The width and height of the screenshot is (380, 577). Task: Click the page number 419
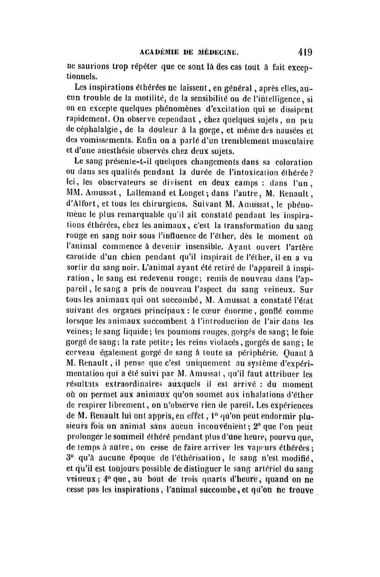tap(303, 52)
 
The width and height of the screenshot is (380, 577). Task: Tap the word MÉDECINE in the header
tap(217, 52)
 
